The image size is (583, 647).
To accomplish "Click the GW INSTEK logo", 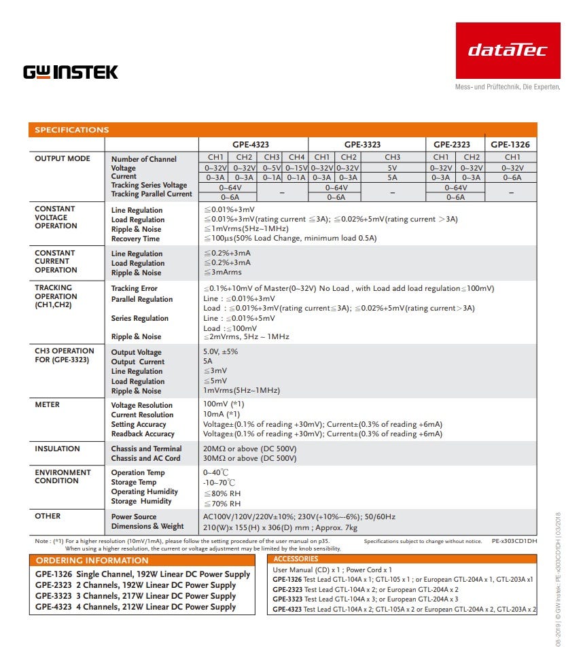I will pos(71,72).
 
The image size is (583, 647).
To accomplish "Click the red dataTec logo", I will pos(508,50).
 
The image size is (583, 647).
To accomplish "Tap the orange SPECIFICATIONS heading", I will pos(72,130).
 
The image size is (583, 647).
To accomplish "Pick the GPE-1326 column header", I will pos(510,145).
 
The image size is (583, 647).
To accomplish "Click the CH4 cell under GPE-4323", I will pos(296,158).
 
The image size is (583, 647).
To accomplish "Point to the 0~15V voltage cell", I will pos(296,168).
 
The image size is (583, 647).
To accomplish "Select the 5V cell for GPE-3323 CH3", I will pos(393,168).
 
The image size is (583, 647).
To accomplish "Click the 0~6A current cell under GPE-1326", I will pos(512,177).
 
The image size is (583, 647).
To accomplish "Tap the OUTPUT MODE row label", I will pos(63,158).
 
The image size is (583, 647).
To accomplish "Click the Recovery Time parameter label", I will pos(135,239).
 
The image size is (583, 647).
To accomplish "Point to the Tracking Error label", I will pos(134,289).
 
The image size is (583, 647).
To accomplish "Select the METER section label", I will pos(48,405).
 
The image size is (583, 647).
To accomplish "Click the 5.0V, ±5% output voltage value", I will pos(221,352).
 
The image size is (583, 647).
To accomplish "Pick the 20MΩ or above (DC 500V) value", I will pos(250,449).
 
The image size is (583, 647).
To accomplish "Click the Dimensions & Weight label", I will pos(147,526).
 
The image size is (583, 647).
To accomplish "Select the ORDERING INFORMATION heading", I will pos(92,561).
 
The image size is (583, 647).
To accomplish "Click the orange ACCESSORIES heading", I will pos(296,559).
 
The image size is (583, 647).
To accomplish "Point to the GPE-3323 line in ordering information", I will pos(135,596).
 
